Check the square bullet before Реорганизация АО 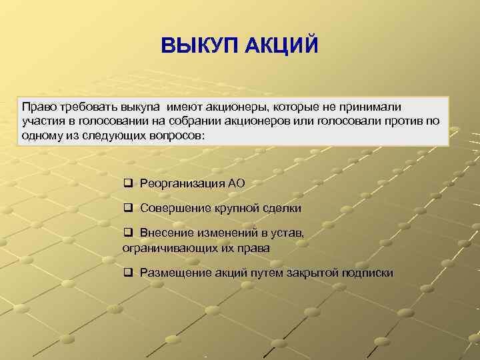click(128, 183)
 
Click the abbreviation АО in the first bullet click(237, 183)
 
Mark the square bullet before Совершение click(128, 209)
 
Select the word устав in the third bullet click(289, 234)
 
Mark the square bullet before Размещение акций click(128, 273)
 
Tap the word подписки click(367, 273)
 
